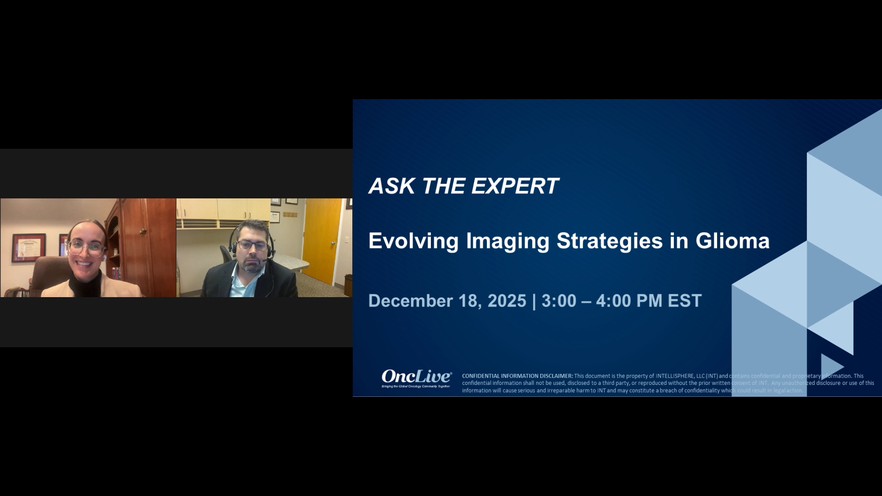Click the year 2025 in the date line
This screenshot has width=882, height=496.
(x=507, y=301)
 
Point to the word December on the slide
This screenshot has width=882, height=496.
(x=410, y=301)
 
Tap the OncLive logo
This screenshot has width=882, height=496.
(x=416, y=378)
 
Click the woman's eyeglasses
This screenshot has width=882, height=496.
(x=85, y=248)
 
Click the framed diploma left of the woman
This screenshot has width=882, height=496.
(x=28, y=248)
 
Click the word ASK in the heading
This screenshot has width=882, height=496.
(x=392, y=186)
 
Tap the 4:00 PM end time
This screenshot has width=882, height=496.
(x=628, y=301)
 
